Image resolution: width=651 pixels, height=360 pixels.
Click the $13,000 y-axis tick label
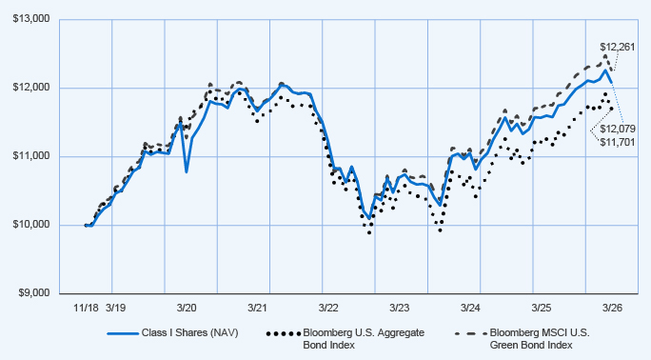(31, 19)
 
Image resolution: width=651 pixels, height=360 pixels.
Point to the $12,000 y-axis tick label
(31, 88)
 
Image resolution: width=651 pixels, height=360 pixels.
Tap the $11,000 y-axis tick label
(31, 156)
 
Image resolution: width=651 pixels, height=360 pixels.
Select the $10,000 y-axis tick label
(31, 225)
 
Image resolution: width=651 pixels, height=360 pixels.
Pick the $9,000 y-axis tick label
(34, 293)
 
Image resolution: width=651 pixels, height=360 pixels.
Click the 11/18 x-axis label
(86, 309)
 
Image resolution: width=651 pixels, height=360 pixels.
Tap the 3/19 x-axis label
(116, 309)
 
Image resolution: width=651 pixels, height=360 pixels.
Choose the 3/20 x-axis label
(187, 309)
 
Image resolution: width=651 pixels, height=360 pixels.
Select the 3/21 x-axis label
(257, 309)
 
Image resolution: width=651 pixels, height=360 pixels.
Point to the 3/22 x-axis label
(328, 309)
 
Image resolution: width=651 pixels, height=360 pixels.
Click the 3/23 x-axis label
(400, 309)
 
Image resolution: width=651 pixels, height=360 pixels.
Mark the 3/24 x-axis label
(470, 309)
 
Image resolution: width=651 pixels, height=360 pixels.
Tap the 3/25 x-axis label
(542, 309)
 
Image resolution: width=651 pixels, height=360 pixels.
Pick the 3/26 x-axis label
(612, 309)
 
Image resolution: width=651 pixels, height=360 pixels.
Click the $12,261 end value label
(618, 47)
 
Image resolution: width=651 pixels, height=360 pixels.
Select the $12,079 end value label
(618, 130)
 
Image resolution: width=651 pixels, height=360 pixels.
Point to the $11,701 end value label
(618, 143)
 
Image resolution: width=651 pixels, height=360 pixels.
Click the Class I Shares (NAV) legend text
(189, 333)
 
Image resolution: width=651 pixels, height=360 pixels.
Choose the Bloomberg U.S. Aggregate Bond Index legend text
(364, 339)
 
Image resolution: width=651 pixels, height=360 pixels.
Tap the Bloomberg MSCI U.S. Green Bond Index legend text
(540, 339)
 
